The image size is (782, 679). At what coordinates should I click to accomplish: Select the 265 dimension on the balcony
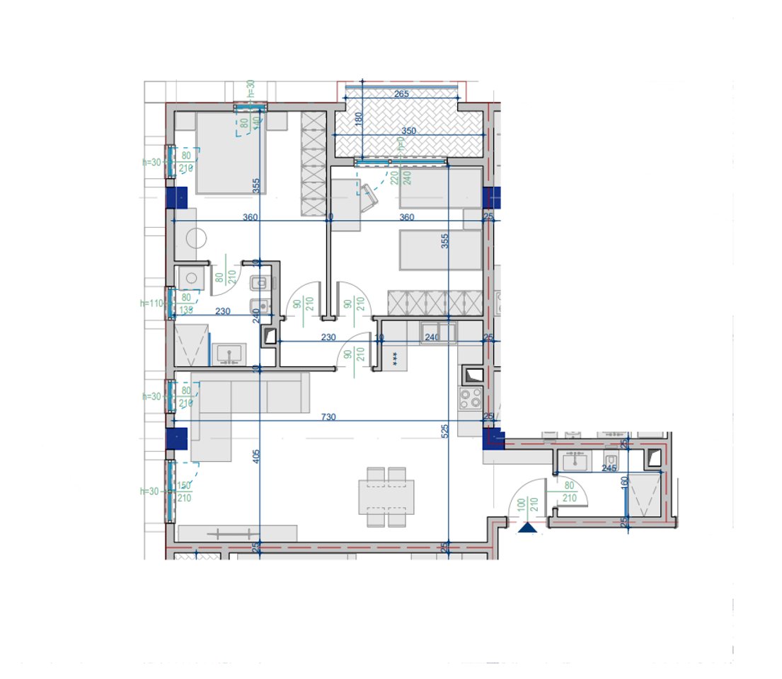coord(401,95)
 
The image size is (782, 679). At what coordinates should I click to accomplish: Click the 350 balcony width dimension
coord(409,131)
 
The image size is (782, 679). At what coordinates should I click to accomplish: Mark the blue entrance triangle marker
coord(527,528)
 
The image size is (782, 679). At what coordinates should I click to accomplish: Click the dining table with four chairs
coord(386,497)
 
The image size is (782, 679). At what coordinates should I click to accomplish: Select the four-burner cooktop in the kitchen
coord(471,398)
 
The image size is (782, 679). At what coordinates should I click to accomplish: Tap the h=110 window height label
coord(152,303)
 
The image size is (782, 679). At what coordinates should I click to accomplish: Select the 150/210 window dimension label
coord(185,492)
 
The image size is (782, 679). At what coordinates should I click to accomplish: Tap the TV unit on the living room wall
coord(237,533)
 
